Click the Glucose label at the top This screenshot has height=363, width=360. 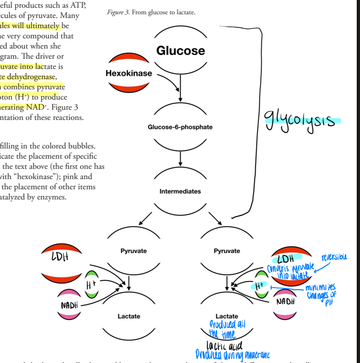(180, 51)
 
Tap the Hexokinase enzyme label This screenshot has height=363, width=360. (129, 73)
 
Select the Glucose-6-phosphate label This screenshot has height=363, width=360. (180, 127)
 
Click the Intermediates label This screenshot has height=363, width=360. (180, 191)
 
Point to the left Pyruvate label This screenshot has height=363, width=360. (133, 251)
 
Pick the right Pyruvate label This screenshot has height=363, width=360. (227, 251)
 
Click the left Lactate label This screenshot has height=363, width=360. (129, 316)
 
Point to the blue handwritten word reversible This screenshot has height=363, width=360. (334, 257)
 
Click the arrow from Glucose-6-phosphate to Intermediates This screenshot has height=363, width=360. (180, 158)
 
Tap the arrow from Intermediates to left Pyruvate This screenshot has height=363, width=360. (145, 219)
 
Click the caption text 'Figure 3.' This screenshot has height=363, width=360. (118, 13)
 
